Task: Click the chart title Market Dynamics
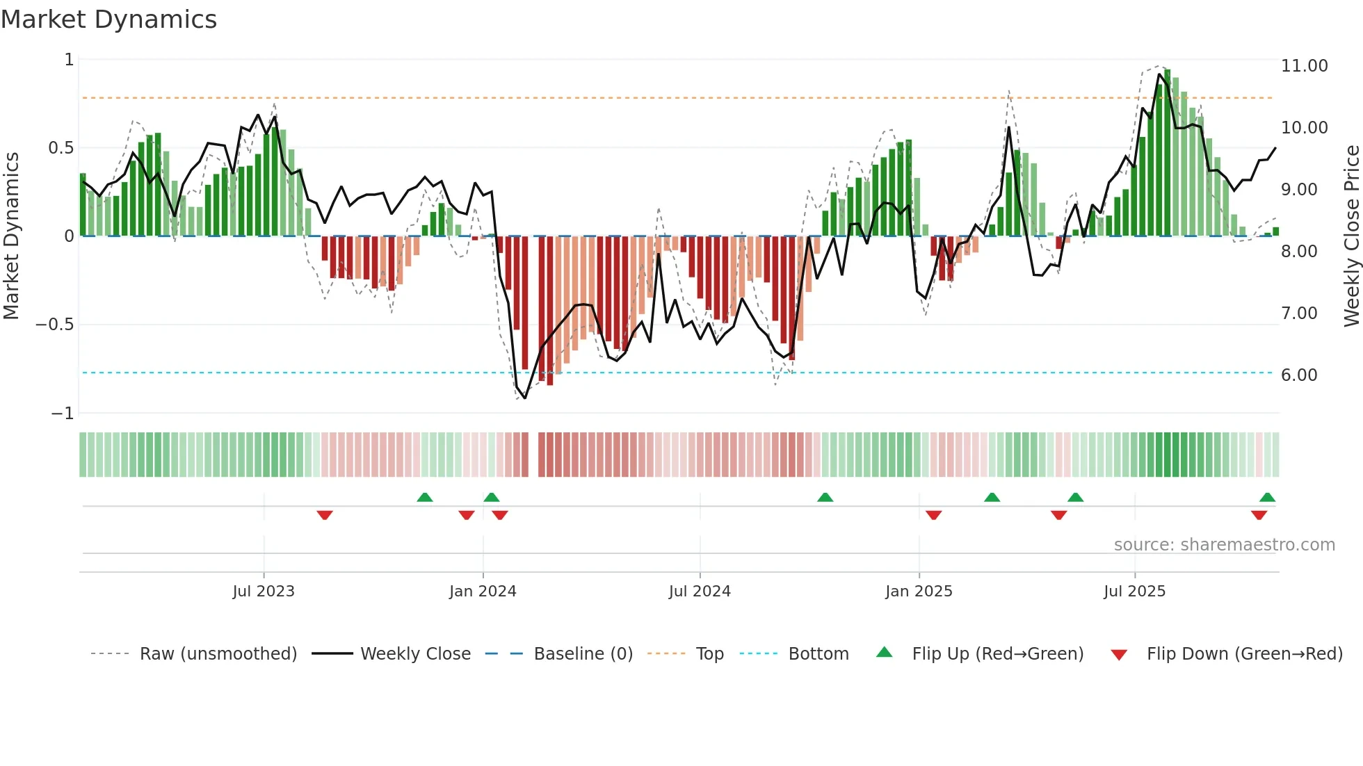pyautogui.click(x=108, y=19)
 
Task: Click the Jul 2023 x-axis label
pyautogui.click(x=264, y=592)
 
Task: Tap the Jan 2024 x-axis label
pyautogui.click(x=483, y=592)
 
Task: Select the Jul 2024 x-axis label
pyautogui.click(x=700, y=592)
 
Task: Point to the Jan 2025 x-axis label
pyautogui.click(x=919, y=592)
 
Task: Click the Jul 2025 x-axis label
pyautogui.click(x=1134, y=592)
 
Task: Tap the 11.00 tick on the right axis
pyautogui.click(x=1304, y=66)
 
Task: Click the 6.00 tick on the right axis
pyautogui.click(x=1299, y=375)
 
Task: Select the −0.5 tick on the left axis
pyautogui.click(x=54, y=325)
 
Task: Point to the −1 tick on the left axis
pyautogui.click(x=62, y=414)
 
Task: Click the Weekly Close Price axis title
pyautogui.click(x=1351, y=236)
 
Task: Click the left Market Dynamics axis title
pyautogui.click(x=11, y=236)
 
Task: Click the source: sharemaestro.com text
pyautogui.click(x=1224, y=545)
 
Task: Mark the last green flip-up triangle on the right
pyautogui.click(x=1267, y=498)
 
